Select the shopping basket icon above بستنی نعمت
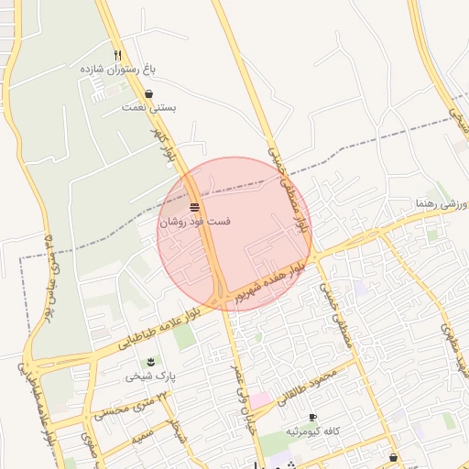[149, 93]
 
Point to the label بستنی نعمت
[148, 108]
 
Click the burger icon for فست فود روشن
[195, 207]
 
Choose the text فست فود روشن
[195, 222]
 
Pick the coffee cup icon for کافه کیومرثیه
[312, 417]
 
